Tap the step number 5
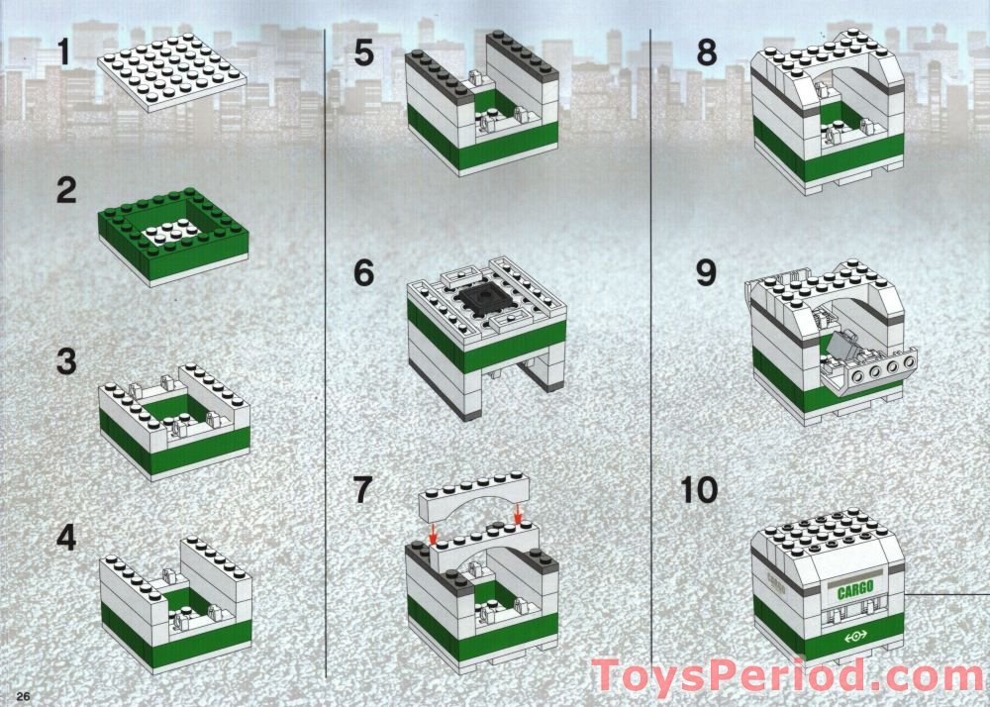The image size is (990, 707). [364, 51]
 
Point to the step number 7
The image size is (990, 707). [364, 489]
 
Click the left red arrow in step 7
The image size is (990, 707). [433, 533]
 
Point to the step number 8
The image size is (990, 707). [707, 51]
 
